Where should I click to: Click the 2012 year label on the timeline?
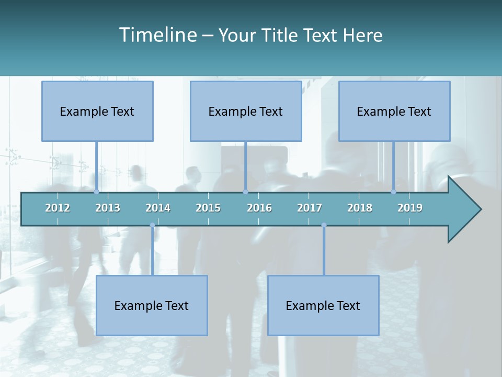point(58,208)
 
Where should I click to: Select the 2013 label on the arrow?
point(108,208)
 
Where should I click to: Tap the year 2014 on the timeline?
point(158,208)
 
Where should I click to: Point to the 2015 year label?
point(208,208)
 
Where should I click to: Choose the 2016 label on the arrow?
point(259,208)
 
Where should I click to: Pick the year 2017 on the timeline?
point(310,208)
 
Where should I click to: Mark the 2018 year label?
point(360,208)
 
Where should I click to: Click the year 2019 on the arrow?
point(410,208)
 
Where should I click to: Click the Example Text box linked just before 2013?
point(97,111)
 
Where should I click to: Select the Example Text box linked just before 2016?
point(246,111)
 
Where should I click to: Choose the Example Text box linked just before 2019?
point(394,111)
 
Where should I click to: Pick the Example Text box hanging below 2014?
point(152,305)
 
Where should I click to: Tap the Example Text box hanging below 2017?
point(323,305)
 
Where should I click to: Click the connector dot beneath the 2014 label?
point(152,225)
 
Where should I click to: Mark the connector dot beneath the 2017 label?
point(324,225)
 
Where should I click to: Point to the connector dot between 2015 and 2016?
point(245,192)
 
